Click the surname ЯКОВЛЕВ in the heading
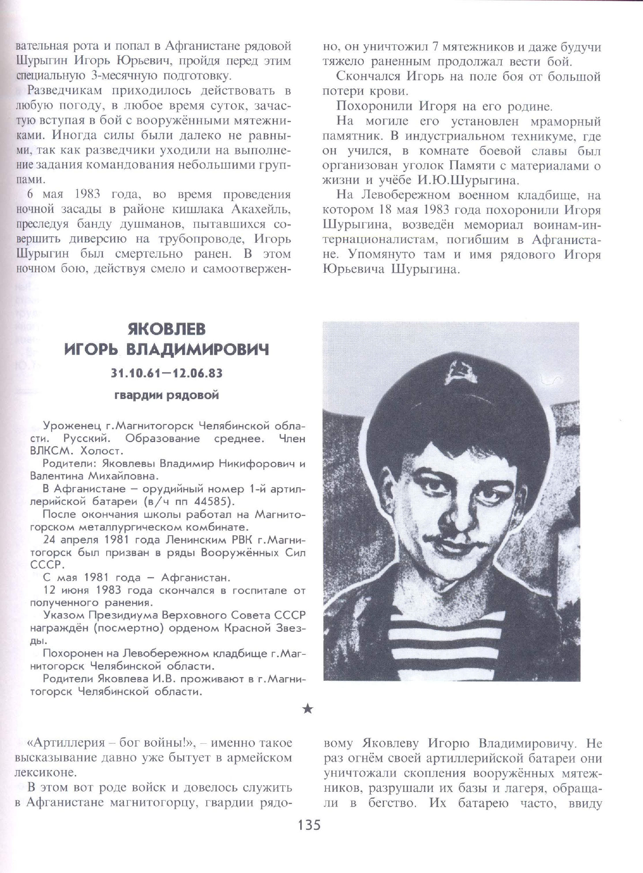pyautogui.click(x=166, y=329)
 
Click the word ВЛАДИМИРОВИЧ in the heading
pyautogui.click(x=198, y=350)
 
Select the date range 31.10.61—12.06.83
pyautogui.click(x=166, y=373)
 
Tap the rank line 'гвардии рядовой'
pyautogui.click(x=166, y=396)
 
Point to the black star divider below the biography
pyautogui.click(x=308, y=709)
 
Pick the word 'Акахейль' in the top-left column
pyautogui.click(x=261, y=209)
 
